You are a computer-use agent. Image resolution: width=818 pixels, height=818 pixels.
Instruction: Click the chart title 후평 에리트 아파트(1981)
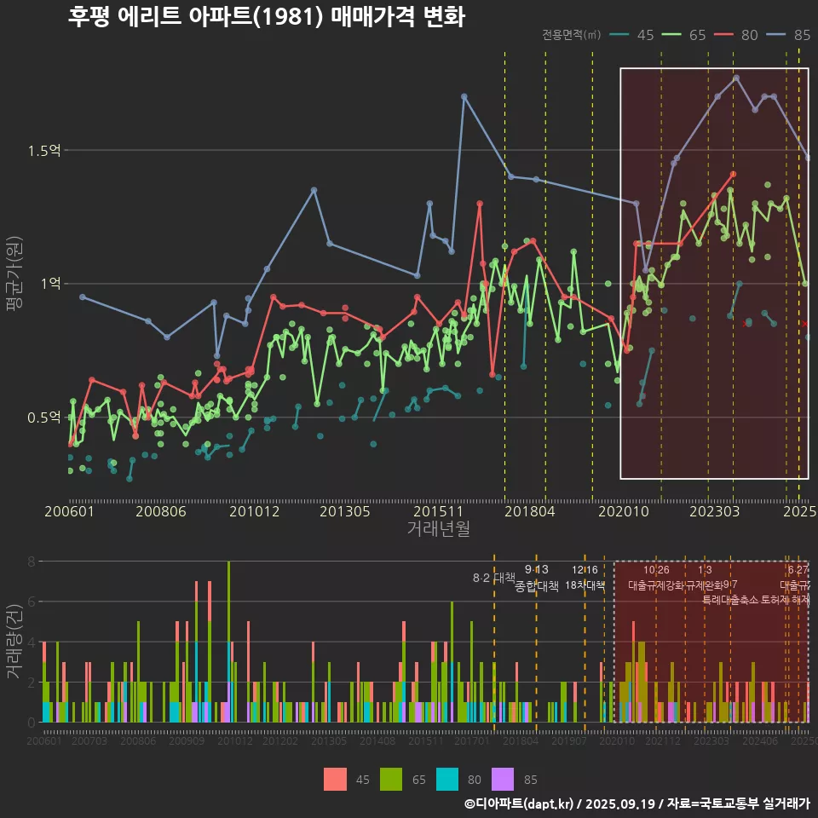266,17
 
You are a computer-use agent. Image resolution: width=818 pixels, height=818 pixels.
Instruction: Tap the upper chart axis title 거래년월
438,529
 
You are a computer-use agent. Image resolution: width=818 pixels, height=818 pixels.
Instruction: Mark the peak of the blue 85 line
736,78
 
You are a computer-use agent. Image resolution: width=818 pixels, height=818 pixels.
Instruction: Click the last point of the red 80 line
733,174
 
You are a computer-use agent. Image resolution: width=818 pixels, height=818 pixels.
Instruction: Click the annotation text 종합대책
537,586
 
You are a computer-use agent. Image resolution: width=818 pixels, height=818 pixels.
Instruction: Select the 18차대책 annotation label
585,585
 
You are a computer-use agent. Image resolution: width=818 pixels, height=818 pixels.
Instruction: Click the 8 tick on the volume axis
31,562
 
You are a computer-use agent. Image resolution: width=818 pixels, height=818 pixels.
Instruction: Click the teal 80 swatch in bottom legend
447,779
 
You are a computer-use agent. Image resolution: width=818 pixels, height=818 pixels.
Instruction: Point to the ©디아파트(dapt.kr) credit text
519,804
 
